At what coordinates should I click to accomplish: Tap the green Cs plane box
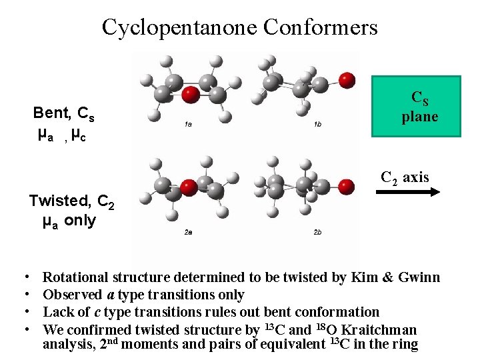pos(416,107)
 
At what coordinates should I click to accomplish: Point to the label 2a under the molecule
pos(189,232)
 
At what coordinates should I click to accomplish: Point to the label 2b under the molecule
pos(317,232)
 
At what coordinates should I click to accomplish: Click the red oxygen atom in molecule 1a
pos(191,95)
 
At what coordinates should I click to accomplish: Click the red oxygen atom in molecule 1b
pos(347,80)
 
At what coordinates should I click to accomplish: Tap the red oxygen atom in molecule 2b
pos(345,186)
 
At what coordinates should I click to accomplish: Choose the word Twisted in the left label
pos(59,201)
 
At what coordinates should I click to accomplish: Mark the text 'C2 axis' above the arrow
pos(405,177)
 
